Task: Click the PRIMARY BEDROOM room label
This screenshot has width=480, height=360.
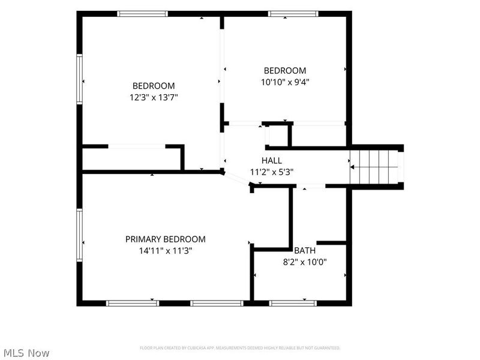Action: click(x=166, y=239)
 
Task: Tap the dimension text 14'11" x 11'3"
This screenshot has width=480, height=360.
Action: click(x=166, y=251)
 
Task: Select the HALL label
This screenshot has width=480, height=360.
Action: click(x=272, y=160)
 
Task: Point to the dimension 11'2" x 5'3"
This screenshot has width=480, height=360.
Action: click(x=272, y=172)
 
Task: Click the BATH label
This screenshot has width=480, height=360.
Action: click(x=305, y=251)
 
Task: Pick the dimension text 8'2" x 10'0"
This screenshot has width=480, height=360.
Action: click(x=305, y=262)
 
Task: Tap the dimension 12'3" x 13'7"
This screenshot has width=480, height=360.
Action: click(x=154, y=98)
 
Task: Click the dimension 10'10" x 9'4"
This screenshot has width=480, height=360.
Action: click(x=285, y=82)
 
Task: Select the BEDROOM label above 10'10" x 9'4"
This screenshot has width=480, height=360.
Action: click(x=285, y=71)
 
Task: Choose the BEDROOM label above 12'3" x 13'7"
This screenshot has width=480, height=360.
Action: click(x=154, y=86)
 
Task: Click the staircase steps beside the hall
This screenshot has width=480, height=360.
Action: click(x=374, y=167)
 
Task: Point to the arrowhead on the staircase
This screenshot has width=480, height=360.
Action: click(x=352, y=167)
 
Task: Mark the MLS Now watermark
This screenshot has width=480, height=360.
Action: click(x=26, y=353)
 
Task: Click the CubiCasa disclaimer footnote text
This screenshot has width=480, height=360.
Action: click(x=240, y=348)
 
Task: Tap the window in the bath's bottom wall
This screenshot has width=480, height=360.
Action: click(x=293, y=304)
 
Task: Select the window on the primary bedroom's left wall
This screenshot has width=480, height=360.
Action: click(x=80, y=235)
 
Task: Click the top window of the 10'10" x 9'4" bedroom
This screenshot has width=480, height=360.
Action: click(x=293, y=14)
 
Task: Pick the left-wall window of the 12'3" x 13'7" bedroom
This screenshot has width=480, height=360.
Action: click(x=80, y=79)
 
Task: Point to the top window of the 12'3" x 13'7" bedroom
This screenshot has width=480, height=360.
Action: click(x=143, y=14)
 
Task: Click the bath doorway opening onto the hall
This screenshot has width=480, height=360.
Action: click(x=311, y=186)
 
